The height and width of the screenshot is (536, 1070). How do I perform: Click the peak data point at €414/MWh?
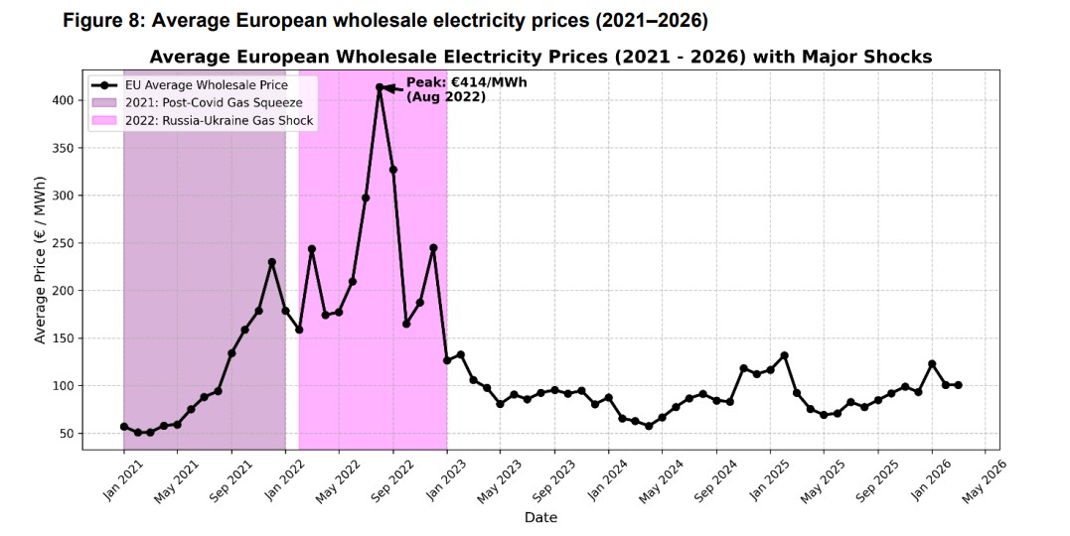tap(380, 87)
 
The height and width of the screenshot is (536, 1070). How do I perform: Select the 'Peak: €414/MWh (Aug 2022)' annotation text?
tap(453, 89)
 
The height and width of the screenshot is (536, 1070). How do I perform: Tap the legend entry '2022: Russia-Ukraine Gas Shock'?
tap(219, 120)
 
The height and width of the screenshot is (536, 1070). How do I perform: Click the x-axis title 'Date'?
tap(540, 517)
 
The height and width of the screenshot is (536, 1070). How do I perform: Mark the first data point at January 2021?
tap(124, 427)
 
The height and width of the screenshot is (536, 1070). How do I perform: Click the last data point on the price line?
tap(958, 385)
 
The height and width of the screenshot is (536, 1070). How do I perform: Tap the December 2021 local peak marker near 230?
tap(271, 262)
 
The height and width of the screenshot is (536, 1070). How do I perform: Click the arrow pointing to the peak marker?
tap(392, 88)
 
